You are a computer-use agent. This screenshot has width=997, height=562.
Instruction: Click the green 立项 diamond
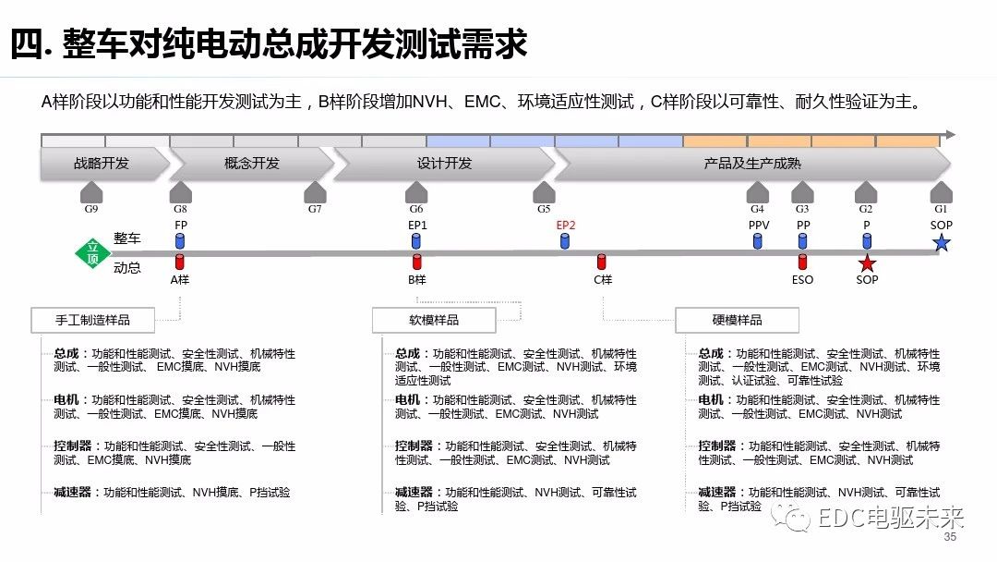pyautogui.click(x=93, y=252)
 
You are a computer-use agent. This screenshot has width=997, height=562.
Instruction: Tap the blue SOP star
pyautogui.click(x=941, y=242)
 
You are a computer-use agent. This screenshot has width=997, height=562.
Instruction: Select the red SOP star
pyautogui.click(x=867, y=263)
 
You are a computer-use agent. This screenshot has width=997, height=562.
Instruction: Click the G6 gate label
pyautogui.click(x=416, y=209)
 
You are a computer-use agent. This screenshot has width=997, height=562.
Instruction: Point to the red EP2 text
pyautogui.click(x=565, y=226)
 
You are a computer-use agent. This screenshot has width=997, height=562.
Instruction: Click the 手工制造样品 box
pyautogui.click(x=93, y=320)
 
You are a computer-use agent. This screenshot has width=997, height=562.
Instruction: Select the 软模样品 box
pyautogui.click(x=434, y=320)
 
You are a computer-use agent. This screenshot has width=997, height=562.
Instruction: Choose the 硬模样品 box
pyautogui.click(x=737, y=320)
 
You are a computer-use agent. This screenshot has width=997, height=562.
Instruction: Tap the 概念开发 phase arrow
pyautogui.click(x=252, y=164)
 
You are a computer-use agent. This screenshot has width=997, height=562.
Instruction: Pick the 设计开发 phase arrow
pyautogui.click(x=444, y=164)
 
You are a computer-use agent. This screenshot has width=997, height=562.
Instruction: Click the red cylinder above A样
pyautogui.click(x=180, y=263)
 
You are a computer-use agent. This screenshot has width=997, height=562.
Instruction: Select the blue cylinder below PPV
pyautogui.click(x=757, y=241)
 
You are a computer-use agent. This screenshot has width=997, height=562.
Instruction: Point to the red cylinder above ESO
pyautogui.click(x=802, y=263)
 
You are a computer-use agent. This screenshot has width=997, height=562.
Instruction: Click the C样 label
pyautogui.click(x=603, y=280)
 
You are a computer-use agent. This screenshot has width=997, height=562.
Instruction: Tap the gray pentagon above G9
pyautogui.click(x=91, y=192)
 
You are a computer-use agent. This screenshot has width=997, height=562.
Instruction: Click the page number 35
pyautogui.click(x=950, y=536)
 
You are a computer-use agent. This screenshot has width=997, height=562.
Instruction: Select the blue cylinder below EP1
pyautogui.click(x=416, y=241)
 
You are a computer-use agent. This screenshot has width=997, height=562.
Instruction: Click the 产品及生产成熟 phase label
pyautogui.click(x=752, y=164)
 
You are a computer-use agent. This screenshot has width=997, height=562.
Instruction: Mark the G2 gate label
pyautogui.click(x=866, y=209)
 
